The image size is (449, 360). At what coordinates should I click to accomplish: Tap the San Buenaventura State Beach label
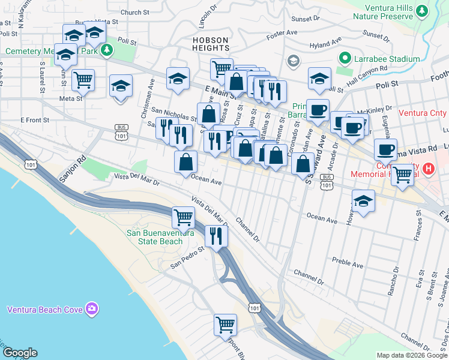click(154, 237)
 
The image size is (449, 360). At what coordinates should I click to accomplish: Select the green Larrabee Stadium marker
click(345, 59)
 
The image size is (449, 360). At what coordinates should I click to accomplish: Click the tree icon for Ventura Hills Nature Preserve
click(422, 11)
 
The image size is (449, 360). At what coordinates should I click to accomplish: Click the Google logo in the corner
click(20, 353)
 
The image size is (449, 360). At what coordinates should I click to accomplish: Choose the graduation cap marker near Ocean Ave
click(364, 202)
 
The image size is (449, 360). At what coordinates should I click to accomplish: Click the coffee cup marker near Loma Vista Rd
click(385, 149)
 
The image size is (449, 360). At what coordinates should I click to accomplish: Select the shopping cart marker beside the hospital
click(403, 174)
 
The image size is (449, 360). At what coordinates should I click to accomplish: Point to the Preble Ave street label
click(348, 263)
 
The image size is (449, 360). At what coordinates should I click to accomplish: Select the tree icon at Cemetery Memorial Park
click(107, 49)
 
